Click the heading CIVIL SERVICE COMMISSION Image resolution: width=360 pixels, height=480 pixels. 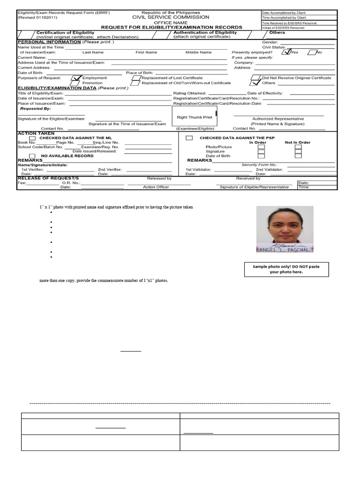[171, 17]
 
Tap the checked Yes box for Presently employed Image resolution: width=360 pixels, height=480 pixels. [286, 52]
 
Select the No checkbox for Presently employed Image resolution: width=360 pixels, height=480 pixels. [311, 52]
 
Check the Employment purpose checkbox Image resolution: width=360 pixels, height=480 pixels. [76, 78]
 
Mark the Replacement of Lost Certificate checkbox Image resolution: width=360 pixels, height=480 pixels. [136, 78]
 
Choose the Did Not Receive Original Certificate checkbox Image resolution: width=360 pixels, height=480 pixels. [255, 78]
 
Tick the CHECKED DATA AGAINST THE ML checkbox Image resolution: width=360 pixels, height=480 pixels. [32, 138]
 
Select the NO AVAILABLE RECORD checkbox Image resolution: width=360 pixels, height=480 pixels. [32, 156]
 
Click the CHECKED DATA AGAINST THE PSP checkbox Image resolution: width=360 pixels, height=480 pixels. [189, 138]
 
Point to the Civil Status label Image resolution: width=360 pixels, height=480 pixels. [274, 47]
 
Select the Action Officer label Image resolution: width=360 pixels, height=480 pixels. [156, 187]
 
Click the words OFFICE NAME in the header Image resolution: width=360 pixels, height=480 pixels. [171, 22]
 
